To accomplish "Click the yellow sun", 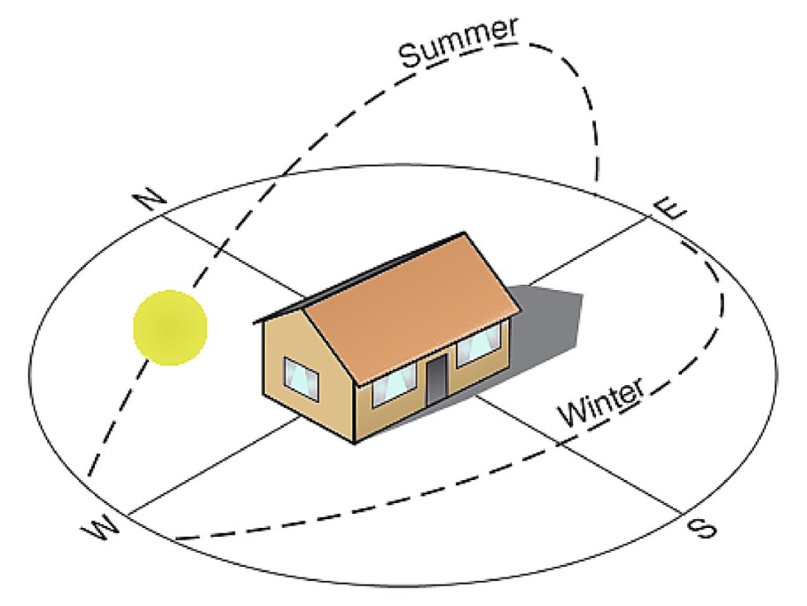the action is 170,328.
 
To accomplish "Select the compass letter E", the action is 670,208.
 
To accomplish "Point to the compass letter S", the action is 702,528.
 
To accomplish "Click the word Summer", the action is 458,43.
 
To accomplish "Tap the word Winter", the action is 601,402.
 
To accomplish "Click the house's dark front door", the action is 435,378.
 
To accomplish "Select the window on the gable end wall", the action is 302,378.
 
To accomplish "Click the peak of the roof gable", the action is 303,310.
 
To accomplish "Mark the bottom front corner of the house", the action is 355,443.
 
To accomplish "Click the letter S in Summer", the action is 411,56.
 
